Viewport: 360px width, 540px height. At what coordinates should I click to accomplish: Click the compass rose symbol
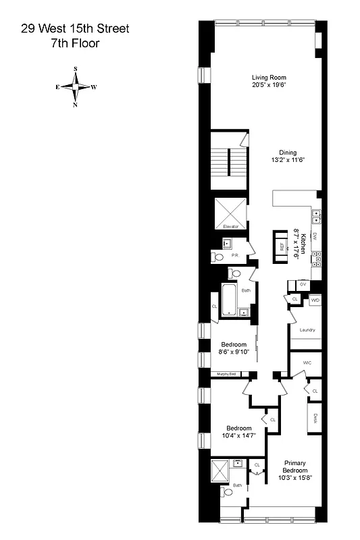pyautogui.click(x=76, y=86)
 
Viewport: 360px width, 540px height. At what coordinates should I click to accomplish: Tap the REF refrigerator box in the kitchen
pyautogui.click(x=281, y=246)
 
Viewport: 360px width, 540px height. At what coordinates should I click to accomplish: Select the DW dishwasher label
pyautogui.click(x=315, y=236)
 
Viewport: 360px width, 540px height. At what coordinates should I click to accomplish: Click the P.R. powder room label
pyautogui.click(x=234, y=256)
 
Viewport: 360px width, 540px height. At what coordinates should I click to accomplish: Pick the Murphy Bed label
pyautogui.click(x=226, y=375)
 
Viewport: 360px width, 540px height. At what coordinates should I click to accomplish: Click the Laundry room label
pyautogui.click(x=307, y=330)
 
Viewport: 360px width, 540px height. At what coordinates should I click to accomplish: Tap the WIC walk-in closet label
pyautogui.click(x=307, y=363)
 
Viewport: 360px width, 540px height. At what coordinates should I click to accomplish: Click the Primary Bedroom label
pyautogui.click(x=295, y=466)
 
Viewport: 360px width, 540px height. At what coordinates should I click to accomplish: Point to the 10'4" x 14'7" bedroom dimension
pyautogui.click(x=238, y=436)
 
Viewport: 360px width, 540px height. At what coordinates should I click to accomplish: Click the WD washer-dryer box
pyautogui.click(x=315, y=300)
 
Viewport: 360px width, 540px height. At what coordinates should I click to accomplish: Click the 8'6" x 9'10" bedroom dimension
pyautogui.click(x=233, y=352)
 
